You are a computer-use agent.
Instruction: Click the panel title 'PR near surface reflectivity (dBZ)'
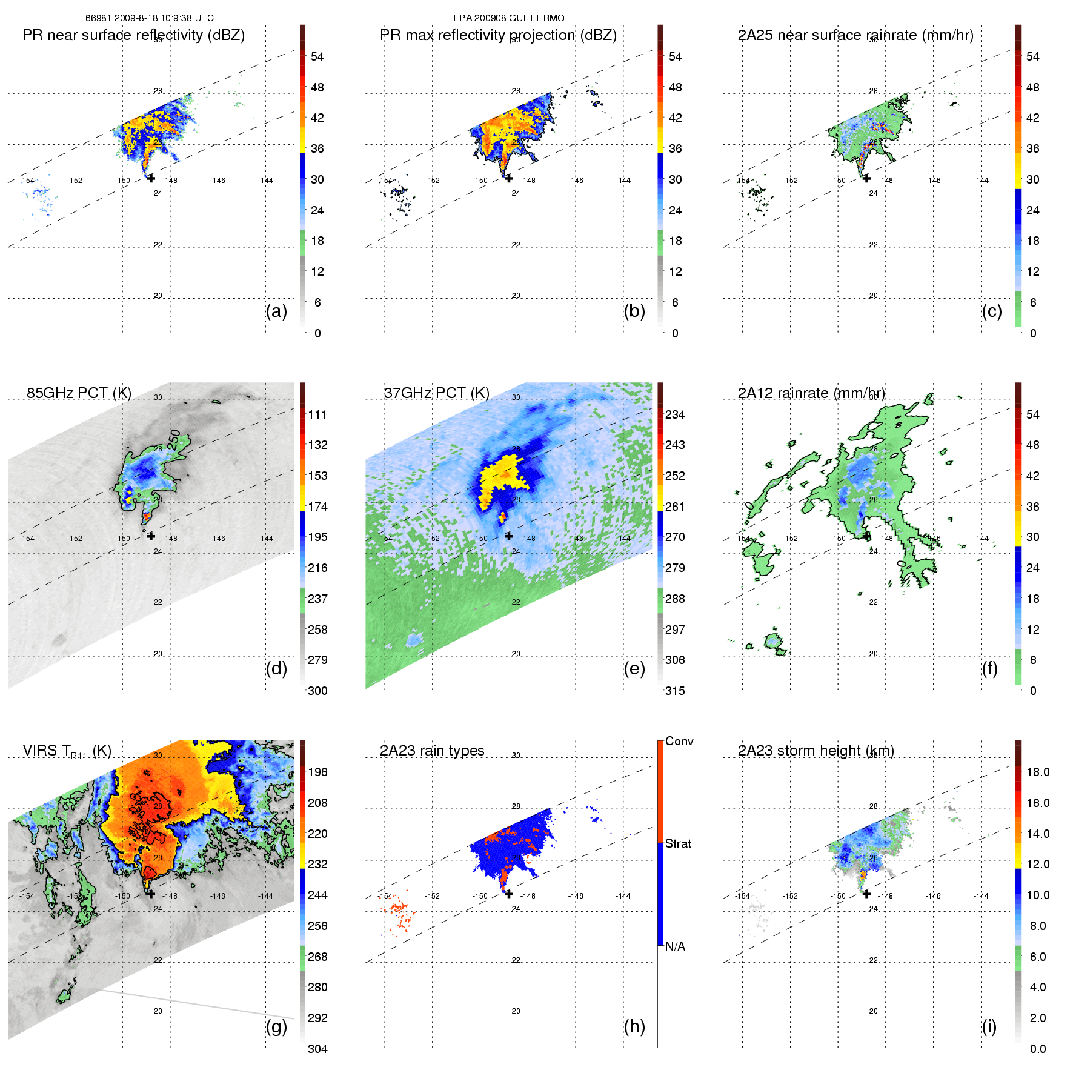pos(133,35)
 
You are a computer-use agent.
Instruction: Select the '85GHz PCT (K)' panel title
pos(79,393)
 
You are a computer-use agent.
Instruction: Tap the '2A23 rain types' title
pos(432,751)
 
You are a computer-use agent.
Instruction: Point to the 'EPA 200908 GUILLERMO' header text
pos(509,18)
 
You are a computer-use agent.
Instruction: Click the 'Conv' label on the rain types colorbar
pos(679,741)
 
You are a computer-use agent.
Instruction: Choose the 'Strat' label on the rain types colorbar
pos(678,843)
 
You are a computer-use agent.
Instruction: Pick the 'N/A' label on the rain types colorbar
pos(676,946)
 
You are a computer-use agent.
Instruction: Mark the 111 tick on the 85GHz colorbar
pos(317,414)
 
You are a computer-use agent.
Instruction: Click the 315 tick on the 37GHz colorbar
pos(675,691)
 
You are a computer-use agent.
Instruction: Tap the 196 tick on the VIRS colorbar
pos(317,772)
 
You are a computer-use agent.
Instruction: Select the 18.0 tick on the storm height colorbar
pos(1038,772)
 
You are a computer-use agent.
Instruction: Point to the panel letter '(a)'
pos(276,311)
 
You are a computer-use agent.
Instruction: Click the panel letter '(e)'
pos(634,668)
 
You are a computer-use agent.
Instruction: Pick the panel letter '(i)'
pos(989,1026)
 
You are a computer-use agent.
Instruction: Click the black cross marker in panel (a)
pos(151,178)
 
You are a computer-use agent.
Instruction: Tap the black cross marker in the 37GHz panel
pos(509,536)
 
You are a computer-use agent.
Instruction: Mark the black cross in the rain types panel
pos(509,894)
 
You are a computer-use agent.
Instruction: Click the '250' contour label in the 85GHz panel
pos(174,439)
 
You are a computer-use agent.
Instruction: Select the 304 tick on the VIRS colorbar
pos(317,1049)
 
